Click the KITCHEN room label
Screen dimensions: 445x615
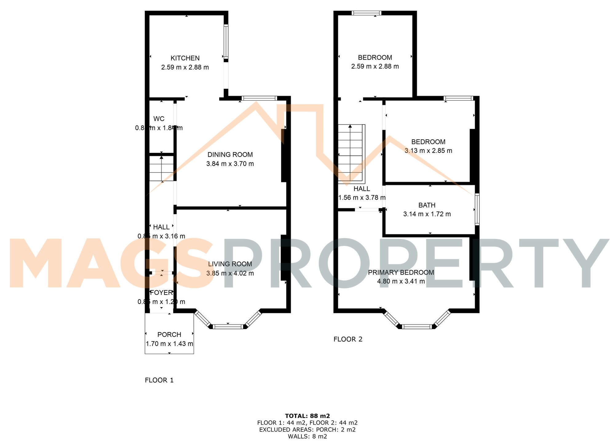(185, 58)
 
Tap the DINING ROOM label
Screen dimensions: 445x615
(230, 155)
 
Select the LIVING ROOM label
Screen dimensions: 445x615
(230, 264)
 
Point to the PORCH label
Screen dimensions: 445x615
(169, 335)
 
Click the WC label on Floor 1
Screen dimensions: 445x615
(159, 119)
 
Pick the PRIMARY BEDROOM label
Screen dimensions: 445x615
(401, 272)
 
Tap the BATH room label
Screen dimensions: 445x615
(427, 205)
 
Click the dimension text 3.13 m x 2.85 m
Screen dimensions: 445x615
(428, 151)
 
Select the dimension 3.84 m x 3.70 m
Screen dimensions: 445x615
(230, 164)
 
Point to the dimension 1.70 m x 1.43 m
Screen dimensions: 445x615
(169, 344)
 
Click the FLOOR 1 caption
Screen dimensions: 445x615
(159, 380)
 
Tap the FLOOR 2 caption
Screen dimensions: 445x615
(348, 339)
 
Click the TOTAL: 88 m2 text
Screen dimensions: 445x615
(307, 416)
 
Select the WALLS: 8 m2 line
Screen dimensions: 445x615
(307, 436)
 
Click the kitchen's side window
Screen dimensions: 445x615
(226, 42)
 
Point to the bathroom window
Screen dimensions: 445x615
(477, 209)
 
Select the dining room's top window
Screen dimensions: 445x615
(259, 98)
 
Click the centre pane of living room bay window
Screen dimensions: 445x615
(228, 326)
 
